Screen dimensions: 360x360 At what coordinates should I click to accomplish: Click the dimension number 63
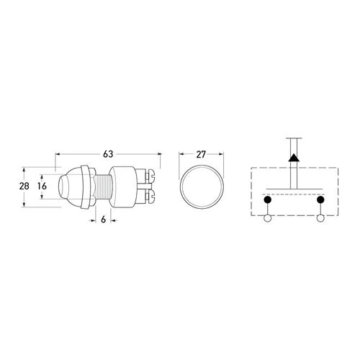pyautogui.click(x=108, y=154)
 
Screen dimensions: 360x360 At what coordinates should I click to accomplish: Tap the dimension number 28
pyautogui.click(x=24, y=186)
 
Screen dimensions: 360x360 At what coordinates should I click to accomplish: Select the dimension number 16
pyautogui.click(x=42, y=186)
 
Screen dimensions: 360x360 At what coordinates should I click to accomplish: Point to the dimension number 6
pyautogui.click(x=103, y=220)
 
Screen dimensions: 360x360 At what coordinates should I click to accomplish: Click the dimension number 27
pyautogui.click(x=201, y=155)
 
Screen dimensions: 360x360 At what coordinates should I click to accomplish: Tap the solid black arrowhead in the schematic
pyautogui.click(x=294, y=158)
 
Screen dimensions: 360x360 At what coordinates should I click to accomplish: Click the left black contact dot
pyautogui.click(x=267, y=199)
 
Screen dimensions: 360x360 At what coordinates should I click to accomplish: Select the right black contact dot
pyautogui.click(x=320, y=199)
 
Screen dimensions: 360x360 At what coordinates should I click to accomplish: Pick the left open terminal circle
pyautogui.click(x=267, y=218)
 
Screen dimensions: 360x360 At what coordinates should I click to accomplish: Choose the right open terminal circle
pyautogui.click(x=320, y=218)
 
